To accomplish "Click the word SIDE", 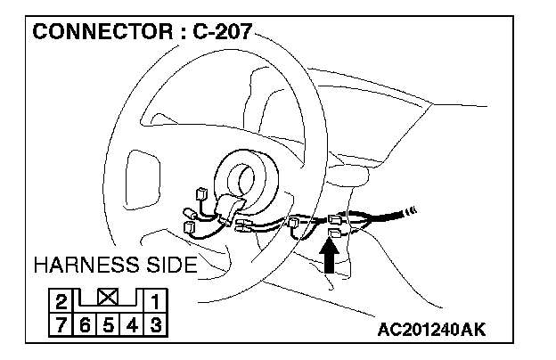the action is point(172,266).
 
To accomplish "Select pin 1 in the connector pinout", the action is point(154,300).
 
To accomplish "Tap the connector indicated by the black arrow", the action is point(336,233).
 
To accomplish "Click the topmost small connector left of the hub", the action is point(201,192).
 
